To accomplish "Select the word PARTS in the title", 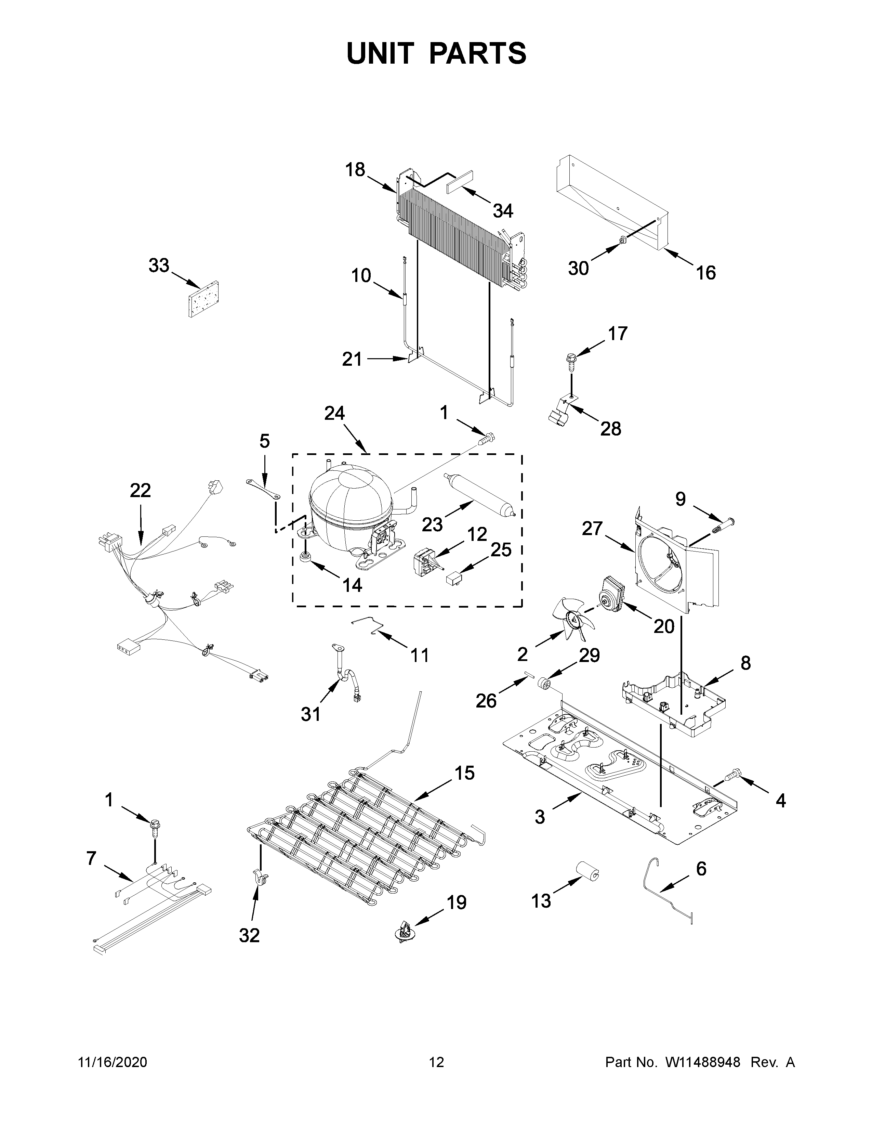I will click(478, 53).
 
